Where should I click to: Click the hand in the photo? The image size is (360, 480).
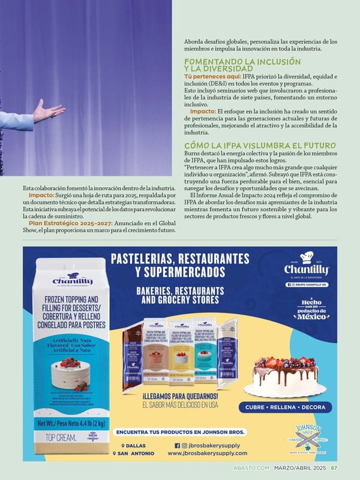point(48,112)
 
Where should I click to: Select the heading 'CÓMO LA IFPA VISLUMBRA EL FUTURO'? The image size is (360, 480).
point(260,146)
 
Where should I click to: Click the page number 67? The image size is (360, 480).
point(334,468)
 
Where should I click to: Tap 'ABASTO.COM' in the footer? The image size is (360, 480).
point(252,468)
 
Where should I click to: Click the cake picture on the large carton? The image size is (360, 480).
point(71,371)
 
